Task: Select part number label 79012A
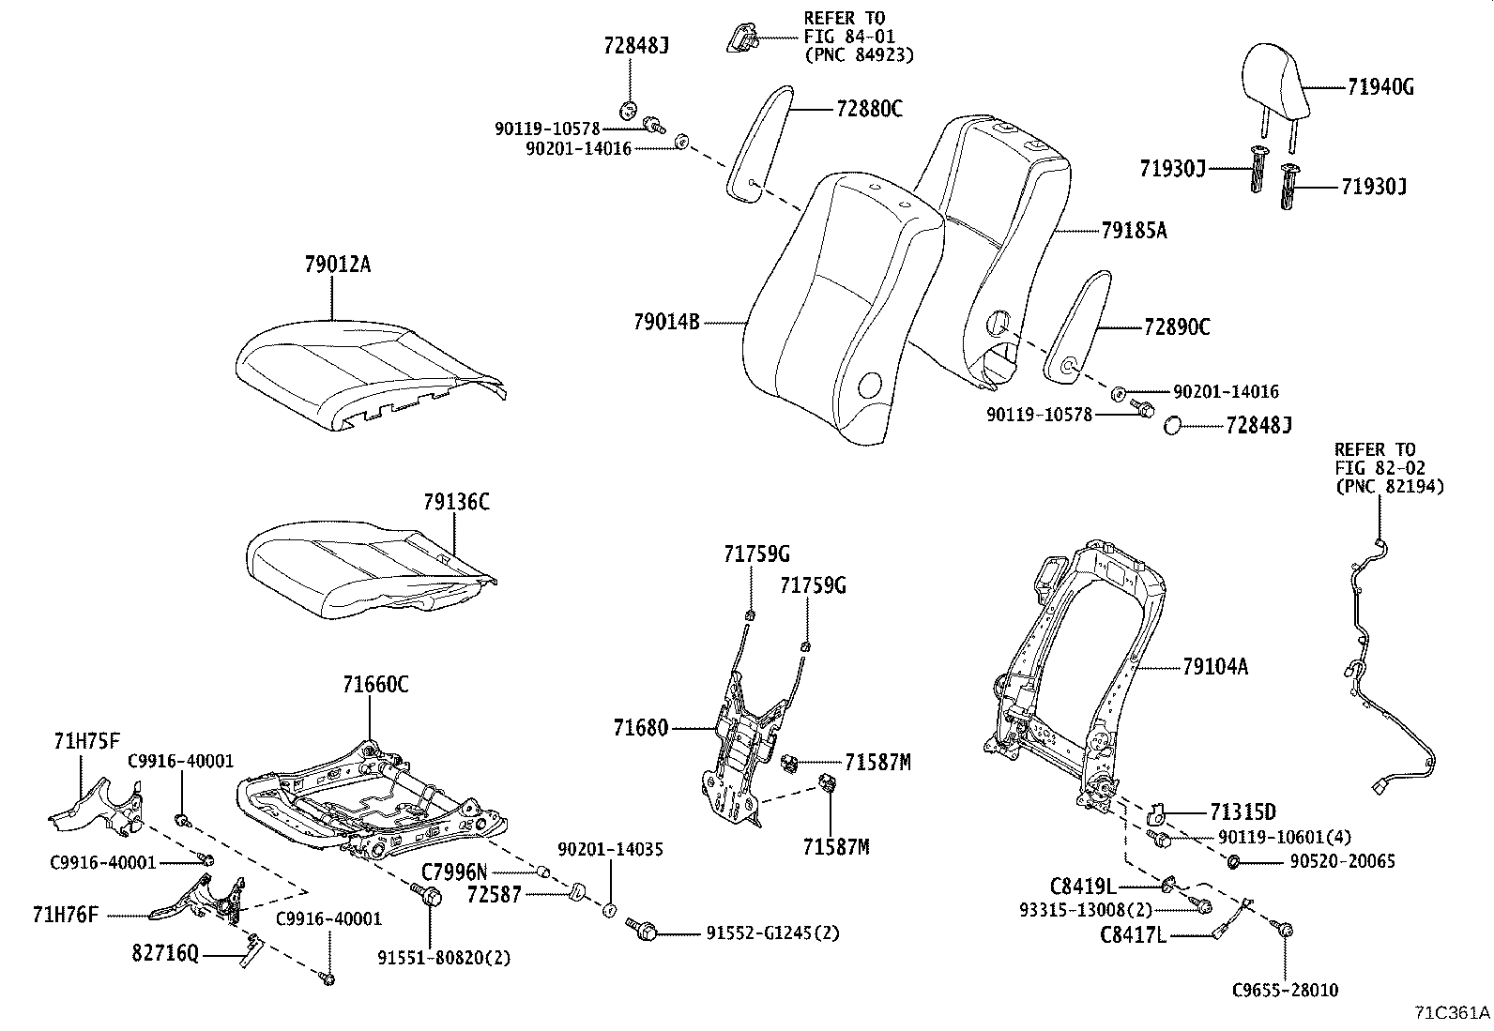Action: [337, 265]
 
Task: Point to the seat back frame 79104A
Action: [1079, 675]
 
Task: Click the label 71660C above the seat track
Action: [375, 684]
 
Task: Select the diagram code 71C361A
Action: [1452, 1013]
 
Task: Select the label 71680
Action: [641, 727]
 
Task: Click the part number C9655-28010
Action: [1285, 990]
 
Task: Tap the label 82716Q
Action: [164, 955]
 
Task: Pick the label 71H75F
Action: [86, 742]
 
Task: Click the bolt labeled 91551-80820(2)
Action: [432, 896]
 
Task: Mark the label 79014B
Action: [666, 323]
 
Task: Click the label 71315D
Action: [1243, 811]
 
